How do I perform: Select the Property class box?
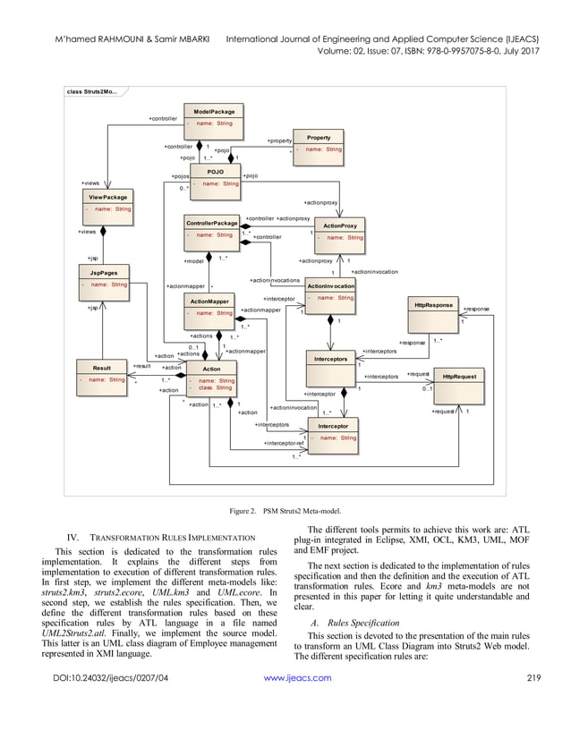click(x=319, y=144)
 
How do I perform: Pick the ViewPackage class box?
click(x=107, y=202)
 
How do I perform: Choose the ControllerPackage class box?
click(x=211, y=228)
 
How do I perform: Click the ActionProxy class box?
click(x=339, y=232)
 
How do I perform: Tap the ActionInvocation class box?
click(x=330, y=292)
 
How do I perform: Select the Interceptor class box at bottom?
click(x=333, y=432)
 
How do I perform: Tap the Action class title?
click(x=211, y=369)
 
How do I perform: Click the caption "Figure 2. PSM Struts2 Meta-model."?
click(x=285, y=510)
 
